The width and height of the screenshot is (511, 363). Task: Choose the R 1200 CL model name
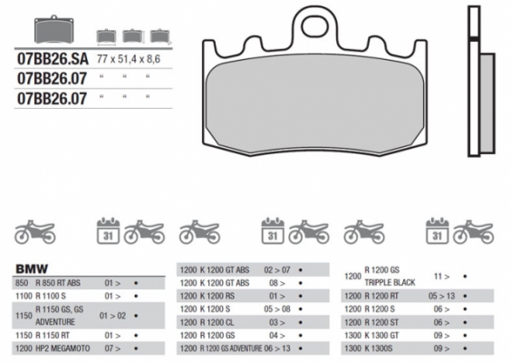(x=217, y=320)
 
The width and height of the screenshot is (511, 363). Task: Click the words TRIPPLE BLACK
(x=390, y=282)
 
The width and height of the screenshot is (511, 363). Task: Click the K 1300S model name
(x=381, y=347)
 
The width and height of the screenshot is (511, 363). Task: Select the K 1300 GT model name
(x=384, y=333)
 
